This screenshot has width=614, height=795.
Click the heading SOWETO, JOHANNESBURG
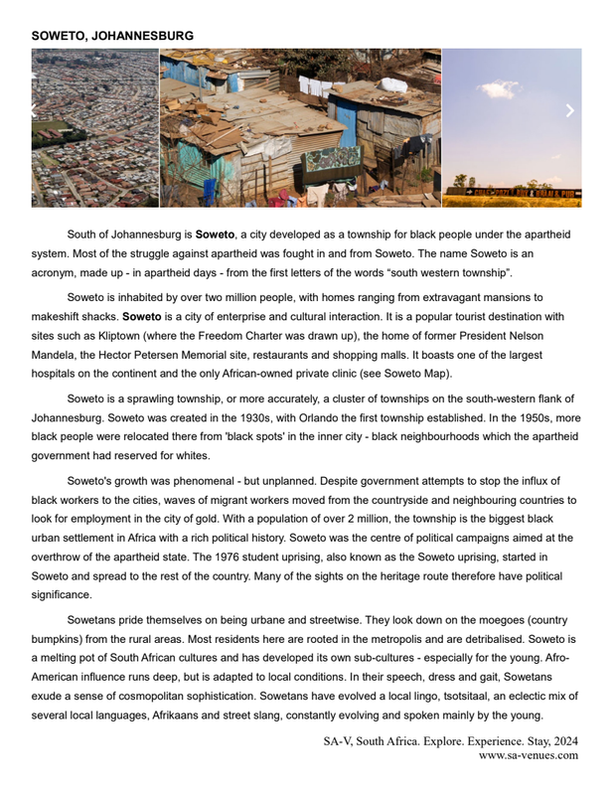112,36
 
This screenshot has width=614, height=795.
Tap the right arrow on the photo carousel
569,110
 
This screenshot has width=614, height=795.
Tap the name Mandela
57,355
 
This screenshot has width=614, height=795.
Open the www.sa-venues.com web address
528,755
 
